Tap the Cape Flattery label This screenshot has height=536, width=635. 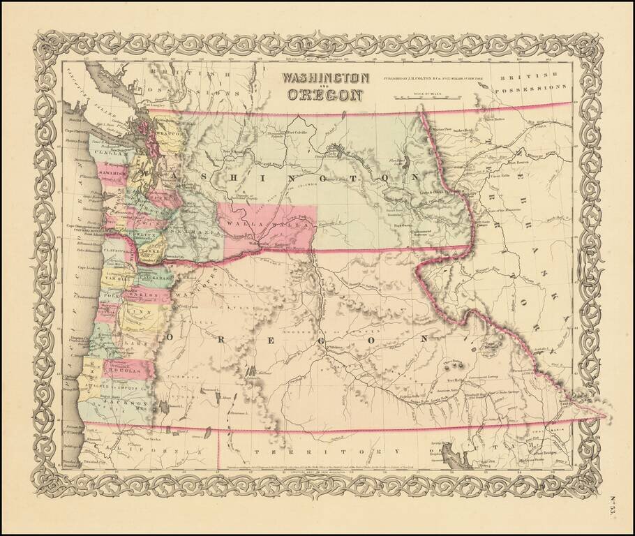[x=75, y=130]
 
